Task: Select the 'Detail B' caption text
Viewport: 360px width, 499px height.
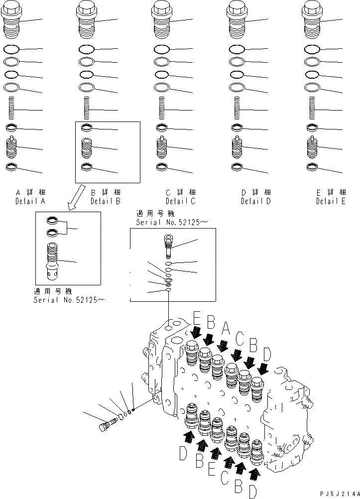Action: [x=105, y=202]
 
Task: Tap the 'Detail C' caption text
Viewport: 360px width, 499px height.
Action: [x=180, y=202]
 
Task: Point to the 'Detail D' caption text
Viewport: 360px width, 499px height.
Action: [x=255, y=202]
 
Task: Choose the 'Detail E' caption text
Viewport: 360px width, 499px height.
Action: [x=331, y=202]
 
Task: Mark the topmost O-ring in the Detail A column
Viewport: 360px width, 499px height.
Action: [x=11, y=50]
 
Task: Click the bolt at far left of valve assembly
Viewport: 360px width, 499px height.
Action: [x=107, y=426]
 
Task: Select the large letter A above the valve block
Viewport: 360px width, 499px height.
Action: [x=226, y=328]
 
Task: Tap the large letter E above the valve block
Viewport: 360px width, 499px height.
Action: [x=197, y=318]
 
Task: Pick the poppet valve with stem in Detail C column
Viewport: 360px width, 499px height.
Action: [x=162, y=147]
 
